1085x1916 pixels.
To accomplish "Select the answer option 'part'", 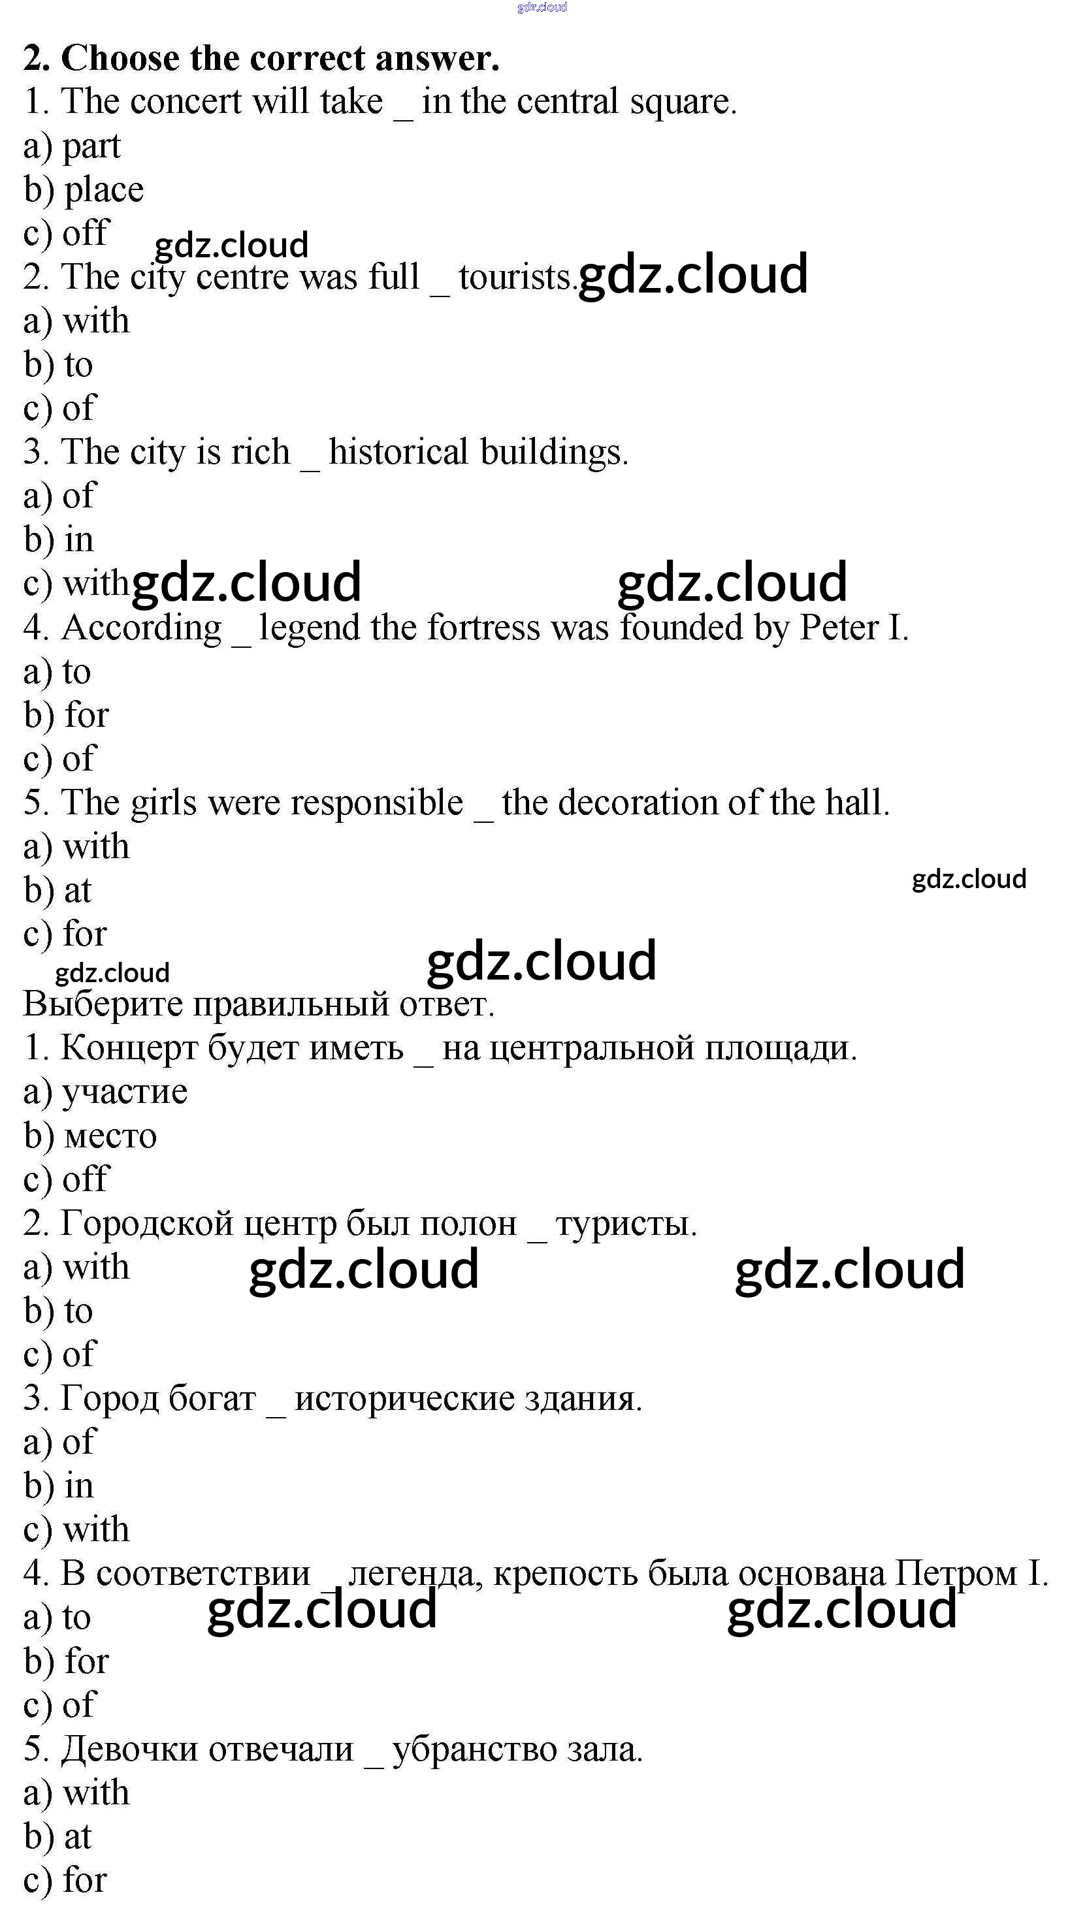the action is coord(91,147).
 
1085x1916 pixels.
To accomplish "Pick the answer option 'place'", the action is coord(104,191).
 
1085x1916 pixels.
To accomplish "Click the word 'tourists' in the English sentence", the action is coord(515,277).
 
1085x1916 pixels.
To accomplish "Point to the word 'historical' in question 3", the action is coord(398,452).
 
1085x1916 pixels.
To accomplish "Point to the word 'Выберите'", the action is coord(104,1004).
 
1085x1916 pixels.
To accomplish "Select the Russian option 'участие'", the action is coord(125,1092).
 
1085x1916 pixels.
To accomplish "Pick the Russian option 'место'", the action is coord(110,1136).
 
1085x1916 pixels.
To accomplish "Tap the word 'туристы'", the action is coord(625,1224).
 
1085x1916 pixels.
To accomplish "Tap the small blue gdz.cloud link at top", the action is coord(542,7).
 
